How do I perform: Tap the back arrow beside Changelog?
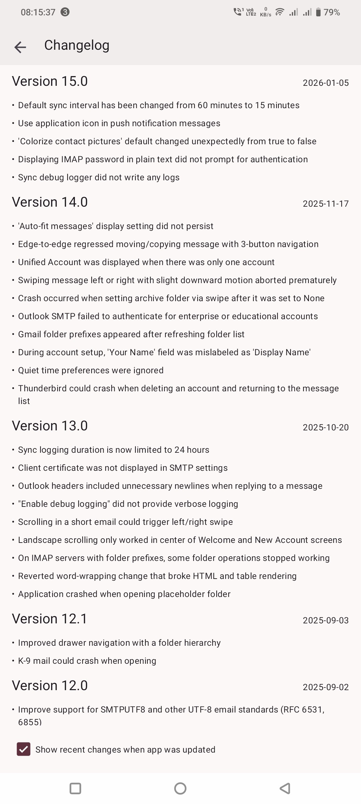[20, 47]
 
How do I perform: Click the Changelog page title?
[77, 45]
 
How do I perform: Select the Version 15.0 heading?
[50, 81]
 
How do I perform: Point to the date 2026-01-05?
[326, 83]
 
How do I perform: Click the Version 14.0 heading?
[50, 202]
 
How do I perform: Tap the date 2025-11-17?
[326, 204]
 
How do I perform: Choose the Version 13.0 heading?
[50, 426]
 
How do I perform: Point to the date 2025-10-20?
[326, 427]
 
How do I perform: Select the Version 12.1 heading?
[50, 619]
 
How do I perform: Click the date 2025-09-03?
[326, 620]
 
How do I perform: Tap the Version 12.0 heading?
[50, 686]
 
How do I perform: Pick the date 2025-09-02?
[326, 687]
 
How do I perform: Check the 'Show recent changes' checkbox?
[24, 750]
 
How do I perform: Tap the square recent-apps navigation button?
[75, 788]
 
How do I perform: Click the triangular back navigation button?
[285, 788]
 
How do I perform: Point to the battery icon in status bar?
[318, 12]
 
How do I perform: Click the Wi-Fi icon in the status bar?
[279, 12]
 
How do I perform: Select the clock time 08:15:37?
[38, 12]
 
